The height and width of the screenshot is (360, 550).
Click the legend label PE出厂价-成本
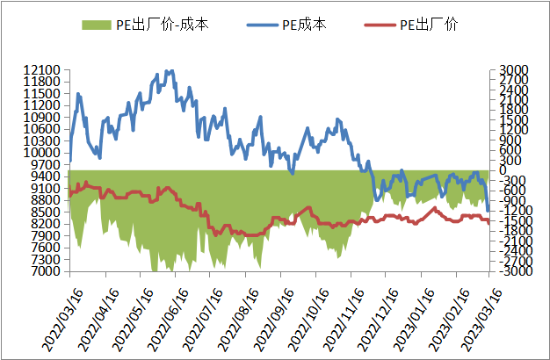(x=159, y=25)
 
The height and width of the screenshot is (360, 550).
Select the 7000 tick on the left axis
(x=43, y=271)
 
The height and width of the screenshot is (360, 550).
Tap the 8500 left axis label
(x=43, y=212)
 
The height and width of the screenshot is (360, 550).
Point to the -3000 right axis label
(x=512, y=271)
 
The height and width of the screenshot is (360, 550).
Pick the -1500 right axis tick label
(x=512, y=221)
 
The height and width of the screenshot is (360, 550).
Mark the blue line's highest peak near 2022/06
(x=169, y=70)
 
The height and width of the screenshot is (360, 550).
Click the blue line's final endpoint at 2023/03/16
(x=489, y=210)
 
